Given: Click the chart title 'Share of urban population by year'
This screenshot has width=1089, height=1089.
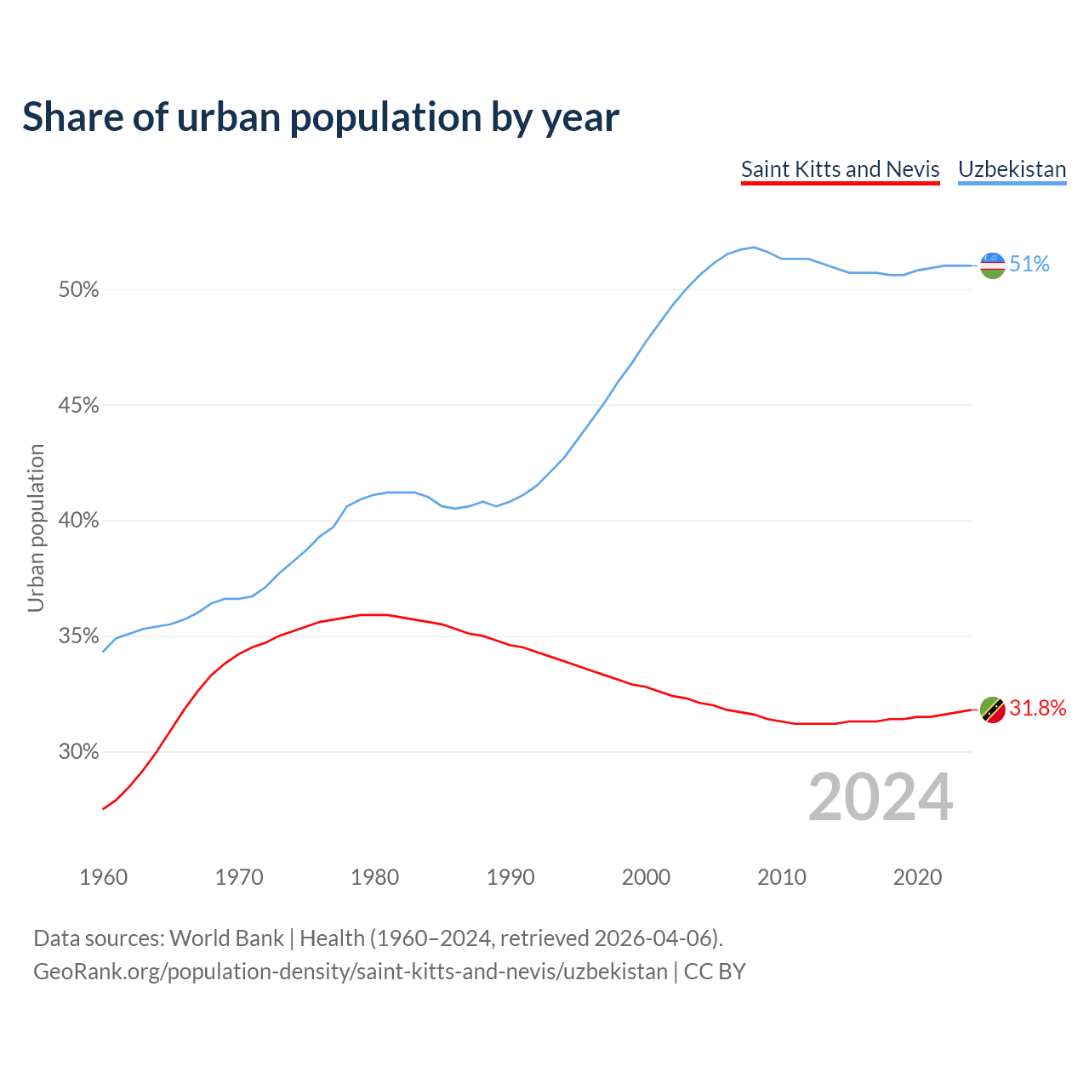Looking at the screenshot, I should click(x=321, y=117).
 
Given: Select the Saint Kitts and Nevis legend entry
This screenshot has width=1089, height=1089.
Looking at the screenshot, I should click(x=840, y=169).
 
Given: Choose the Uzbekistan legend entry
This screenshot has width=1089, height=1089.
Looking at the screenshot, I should click(x=1012, y=169).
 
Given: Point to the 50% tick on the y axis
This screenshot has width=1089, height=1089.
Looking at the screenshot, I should click(x=78, y=290).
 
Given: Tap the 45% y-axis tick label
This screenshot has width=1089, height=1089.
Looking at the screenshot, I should click(x=78, y=406).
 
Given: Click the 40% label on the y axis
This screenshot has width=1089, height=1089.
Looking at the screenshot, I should click(x=78, y=521).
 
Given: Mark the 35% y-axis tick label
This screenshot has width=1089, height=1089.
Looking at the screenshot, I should click(x=78, y=636).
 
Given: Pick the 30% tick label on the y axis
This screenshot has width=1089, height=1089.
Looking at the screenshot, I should click(x=78, y=752).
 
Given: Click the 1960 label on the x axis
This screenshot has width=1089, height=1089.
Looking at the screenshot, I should click(x=103, y=877).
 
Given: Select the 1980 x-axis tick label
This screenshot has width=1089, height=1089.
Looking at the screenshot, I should click(x=374, y=877).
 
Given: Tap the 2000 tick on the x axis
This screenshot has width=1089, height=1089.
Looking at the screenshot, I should click(x=646, y=877).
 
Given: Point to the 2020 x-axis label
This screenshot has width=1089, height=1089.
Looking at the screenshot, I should click(x=917, y=877).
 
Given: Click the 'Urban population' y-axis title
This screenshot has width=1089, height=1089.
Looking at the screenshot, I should click(x=36, y=527).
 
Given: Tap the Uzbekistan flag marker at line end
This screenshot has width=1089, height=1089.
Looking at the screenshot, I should click(x=992, y=265).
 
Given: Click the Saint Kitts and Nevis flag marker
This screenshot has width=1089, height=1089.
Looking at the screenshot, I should click(x=992, y=709).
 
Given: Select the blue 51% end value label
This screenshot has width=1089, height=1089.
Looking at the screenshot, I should click(x=1029, y=265).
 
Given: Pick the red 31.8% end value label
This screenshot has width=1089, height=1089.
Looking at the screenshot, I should click(x=1037, y=709).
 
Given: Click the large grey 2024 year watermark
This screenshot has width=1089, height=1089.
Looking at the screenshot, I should click(x=881, y=797).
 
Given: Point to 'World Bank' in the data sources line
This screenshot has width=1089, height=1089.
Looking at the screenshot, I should click(x=226, y=938).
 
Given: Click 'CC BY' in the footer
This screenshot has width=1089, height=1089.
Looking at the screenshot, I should click(x=715, y=972).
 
